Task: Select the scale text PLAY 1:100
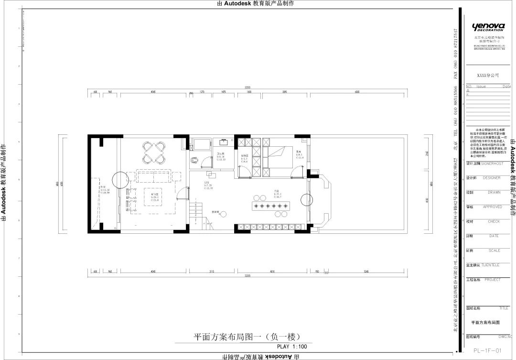(x=292, y=347)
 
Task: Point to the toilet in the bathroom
(x=194, y=160)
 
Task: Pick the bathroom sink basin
(x=223, y=142)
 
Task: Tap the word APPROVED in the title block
(x=492, y=207)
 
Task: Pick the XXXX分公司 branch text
(x=488, y=76)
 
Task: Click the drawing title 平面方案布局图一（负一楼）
(x=247, y=336)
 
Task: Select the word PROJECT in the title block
(x=492, y=280)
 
